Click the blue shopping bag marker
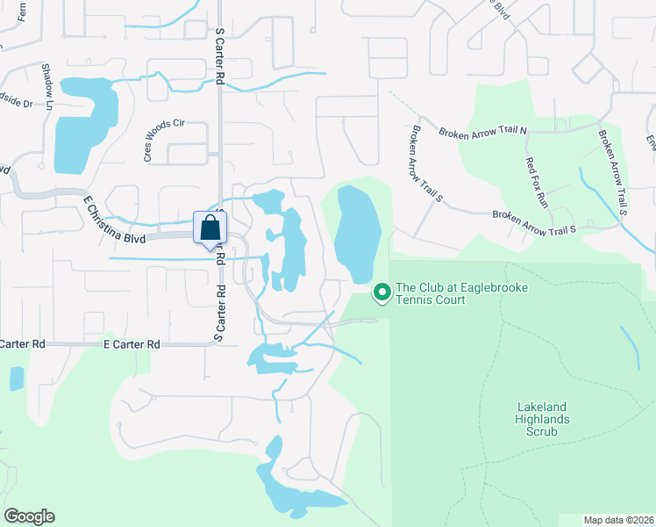click(210, 227)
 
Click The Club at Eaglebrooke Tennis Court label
click(462, 293)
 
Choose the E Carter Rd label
click(132, 345)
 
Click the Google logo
click(29, 516)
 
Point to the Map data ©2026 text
click(618, 520)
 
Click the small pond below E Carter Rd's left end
click(17, 379)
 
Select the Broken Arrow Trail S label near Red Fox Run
click(535, 227)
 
